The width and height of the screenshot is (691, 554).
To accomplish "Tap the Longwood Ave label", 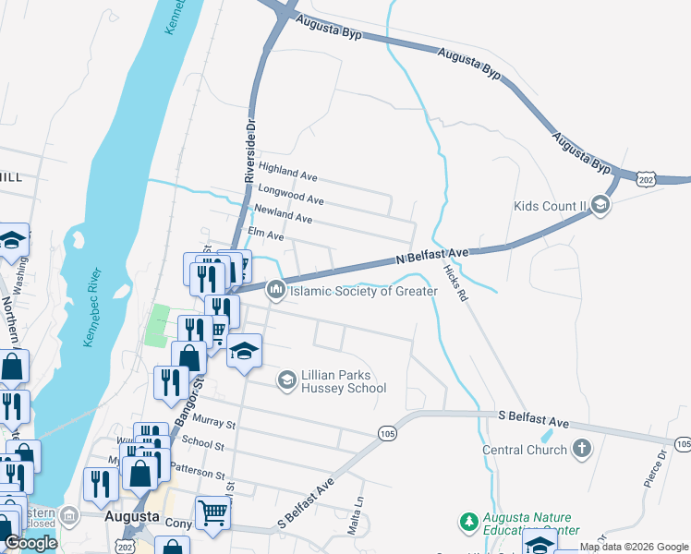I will tap(290, 194).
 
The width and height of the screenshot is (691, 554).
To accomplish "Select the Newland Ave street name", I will tap(285, 215).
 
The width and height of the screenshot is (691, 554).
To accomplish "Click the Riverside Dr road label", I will tap(249, 148).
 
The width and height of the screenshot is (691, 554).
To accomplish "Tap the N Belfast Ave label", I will tap(433, 256).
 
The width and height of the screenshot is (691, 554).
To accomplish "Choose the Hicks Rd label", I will tap(456, 283).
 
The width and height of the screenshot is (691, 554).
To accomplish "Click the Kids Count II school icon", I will tap(601, 205).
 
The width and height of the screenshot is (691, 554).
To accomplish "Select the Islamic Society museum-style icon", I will tap(275, 291).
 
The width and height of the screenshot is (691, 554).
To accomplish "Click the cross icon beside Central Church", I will tap(581, 450).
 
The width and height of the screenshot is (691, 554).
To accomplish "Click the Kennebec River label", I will tap(95, 308).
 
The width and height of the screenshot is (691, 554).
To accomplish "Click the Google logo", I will tap(31, 543).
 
